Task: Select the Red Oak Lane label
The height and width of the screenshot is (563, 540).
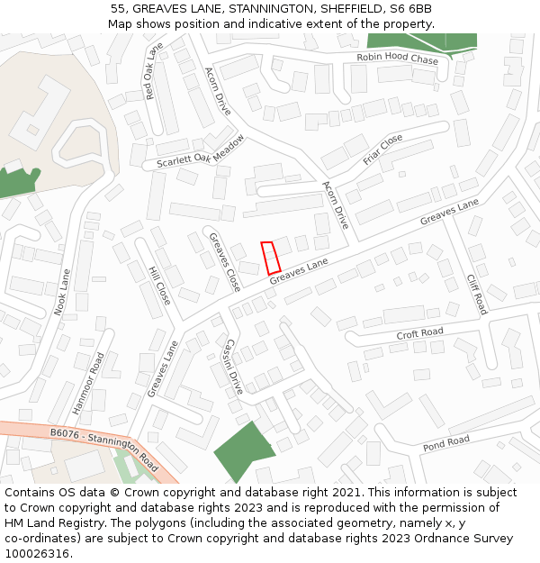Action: [153, 71]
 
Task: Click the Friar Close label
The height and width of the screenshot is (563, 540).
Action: [382, 149]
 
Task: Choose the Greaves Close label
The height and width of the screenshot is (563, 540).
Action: [224, 262]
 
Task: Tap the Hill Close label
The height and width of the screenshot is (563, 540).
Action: [159, 286]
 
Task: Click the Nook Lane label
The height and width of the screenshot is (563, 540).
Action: [62, 291]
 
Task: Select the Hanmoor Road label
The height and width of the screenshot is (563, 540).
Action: [88, 382]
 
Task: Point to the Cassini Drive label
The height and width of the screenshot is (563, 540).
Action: [233, 367]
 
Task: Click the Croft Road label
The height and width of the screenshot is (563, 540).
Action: [419, 333]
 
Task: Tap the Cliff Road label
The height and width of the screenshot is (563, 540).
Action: [476, 294]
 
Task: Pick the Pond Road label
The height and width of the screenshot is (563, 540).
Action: [446, 441]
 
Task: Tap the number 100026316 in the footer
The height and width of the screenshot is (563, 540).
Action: [38, 553]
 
